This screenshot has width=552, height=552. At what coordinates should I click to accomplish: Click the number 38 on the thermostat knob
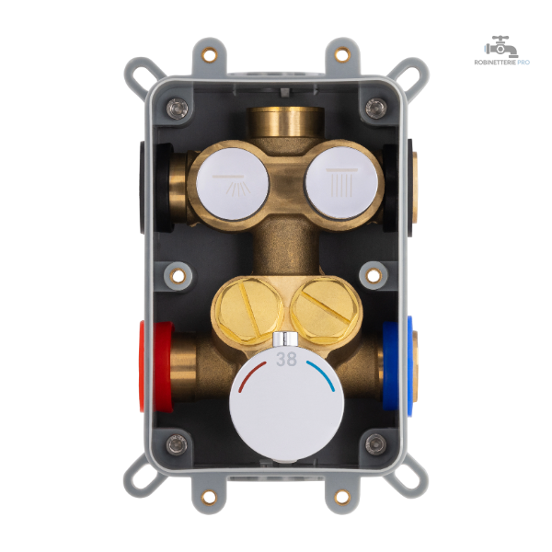(286, 359)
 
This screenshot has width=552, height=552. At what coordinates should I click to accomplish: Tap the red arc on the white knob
(248, 373)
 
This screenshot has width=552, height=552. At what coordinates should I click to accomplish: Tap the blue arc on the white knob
(323, 374)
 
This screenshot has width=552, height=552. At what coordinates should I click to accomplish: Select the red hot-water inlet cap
(156, 366)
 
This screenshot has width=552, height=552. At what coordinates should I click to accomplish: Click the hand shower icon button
(233, 183)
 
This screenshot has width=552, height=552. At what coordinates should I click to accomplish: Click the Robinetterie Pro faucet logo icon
(501, 46)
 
